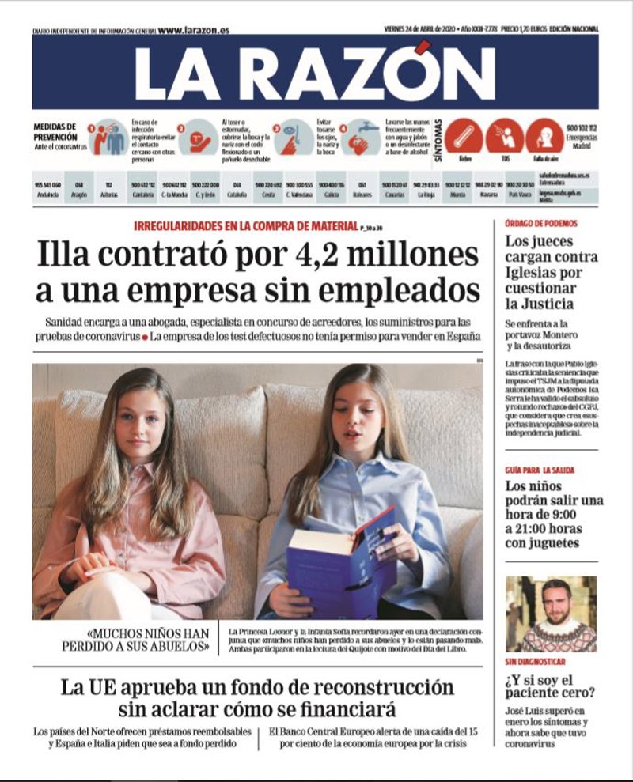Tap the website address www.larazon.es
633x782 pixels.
pyautogui.click(x=193, y=30)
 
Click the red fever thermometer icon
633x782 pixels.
pyautogui.click(x=463, y=137)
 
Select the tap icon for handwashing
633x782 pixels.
pyautogui.click(x=364, y=137)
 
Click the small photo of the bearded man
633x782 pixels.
pyautogui.click(x=551, y=614)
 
